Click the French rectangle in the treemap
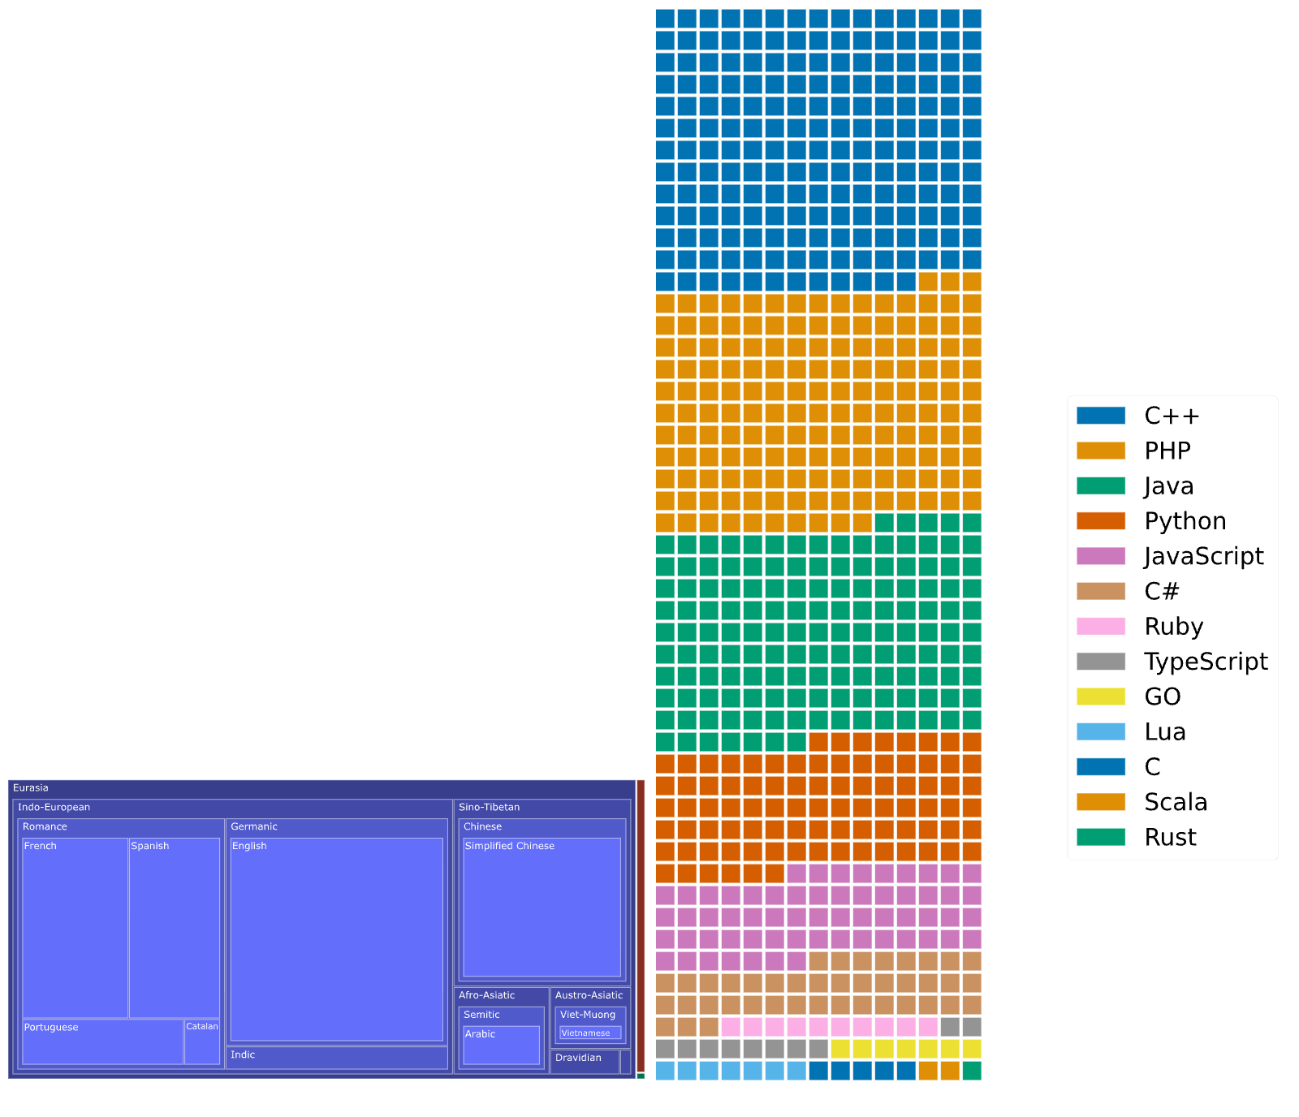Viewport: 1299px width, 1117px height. click(75, 928)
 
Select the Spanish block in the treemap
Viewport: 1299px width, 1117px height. click(175, 928)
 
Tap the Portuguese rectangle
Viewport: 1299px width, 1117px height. click(103, 1042)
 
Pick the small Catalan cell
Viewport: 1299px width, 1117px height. click(202, 1042)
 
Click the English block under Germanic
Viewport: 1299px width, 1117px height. click(337, 939)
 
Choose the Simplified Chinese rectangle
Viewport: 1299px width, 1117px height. click(542, 907)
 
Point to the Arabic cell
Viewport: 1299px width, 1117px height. click(501, 1046)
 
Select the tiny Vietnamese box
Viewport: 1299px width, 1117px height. click(590, 1033)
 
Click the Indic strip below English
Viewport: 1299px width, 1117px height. click(337, 1058)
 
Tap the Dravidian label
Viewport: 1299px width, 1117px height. click(578, 1058)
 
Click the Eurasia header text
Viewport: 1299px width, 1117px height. click(31, 787)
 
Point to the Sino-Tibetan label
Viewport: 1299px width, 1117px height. click(489, 807)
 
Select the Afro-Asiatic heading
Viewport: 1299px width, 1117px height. click(486, 995)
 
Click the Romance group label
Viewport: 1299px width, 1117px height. click(45, 826)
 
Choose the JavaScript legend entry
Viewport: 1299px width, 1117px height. click(1170, 556)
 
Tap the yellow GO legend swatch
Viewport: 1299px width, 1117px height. click(1101, 697)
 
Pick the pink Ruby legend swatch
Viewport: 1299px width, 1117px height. click(1101, 627)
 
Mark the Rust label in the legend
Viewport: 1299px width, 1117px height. click(1170, 837)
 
